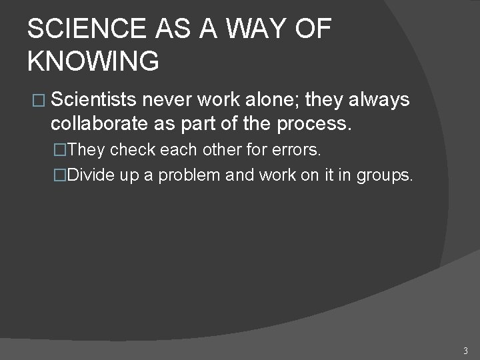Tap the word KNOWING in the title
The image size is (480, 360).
[x=93, y=61]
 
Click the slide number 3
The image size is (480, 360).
[x=465, y=350]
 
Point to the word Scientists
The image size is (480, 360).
[x=94, y=101]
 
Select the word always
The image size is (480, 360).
[x=379, y=101]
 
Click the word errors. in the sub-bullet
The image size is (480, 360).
[x=297, y=151]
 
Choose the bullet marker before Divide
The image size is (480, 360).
[x=61, y=176]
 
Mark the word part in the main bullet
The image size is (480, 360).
[x=209, y=125]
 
